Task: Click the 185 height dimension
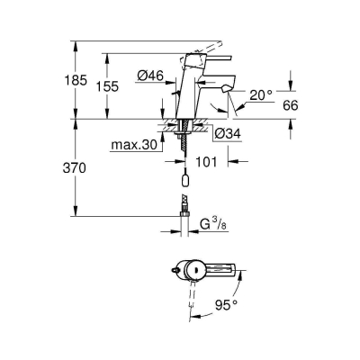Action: [x=77, y=80]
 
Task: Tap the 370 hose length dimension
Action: [x=77, y=167]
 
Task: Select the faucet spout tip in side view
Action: [x=223, y=90]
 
